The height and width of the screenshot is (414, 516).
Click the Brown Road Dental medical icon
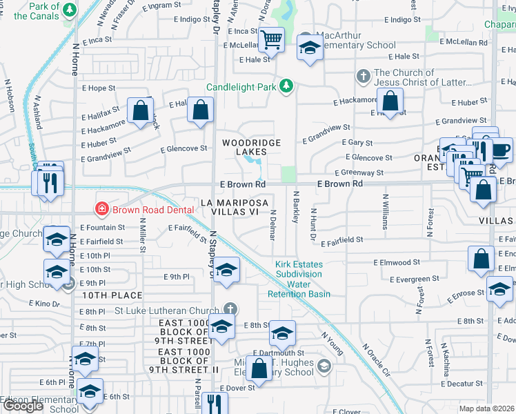point(101,208)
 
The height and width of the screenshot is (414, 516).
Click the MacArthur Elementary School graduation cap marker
point(310,48)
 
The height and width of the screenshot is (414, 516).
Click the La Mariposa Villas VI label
point(234,208)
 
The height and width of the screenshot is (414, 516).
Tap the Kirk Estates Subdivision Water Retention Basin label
point(299,279)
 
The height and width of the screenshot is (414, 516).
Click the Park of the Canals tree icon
point(70,11)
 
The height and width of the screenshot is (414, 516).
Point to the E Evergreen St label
point(414,279)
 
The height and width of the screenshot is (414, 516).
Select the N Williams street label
point(385,211)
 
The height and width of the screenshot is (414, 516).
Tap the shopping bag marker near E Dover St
point(259,369)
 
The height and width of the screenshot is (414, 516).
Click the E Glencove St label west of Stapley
point(183,148)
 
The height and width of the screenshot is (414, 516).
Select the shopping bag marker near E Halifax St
point(141,110)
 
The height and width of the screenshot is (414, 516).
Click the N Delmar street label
point(273,226)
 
